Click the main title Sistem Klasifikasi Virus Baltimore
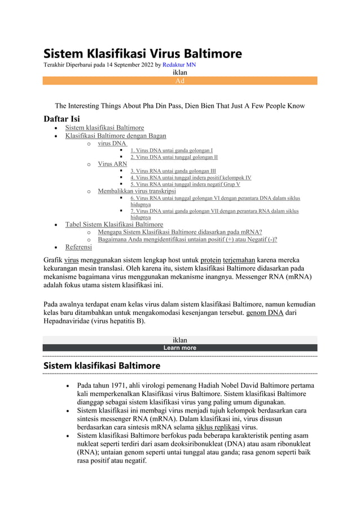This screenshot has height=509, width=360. (x=143, y=54)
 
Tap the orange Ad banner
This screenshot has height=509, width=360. (x=179, y=81)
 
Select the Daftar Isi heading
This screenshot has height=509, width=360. (x=62, y=119)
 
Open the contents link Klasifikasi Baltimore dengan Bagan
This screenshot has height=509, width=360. (x=116, y=136)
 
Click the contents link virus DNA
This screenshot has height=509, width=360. (x=112, y=143)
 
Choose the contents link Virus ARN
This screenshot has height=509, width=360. (x=112, y=164)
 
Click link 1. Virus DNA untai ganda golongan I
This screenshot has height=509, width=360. (x=172, y=151)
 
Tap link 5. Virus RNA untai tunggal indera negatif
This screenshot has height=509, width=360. (x=185, y=184)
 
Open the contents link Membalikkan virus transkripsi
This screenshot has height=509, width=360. (x=137, y=191)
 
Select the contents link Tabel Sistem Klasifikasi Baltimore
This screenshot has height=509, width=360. (x=114, y=224)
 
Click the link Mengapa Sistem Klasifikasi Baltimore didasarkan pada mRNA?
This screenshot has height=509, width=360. (x=179, y=231)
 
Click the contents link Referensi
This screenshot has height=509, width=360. (x=78, y=247)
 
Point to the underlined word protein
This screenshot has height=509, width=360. (x=211, y=260)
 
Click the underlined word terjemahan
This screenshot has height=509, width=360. (x=239, y=260)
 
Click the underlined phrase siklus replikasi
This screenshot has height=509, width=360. (x=218, y=427)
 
